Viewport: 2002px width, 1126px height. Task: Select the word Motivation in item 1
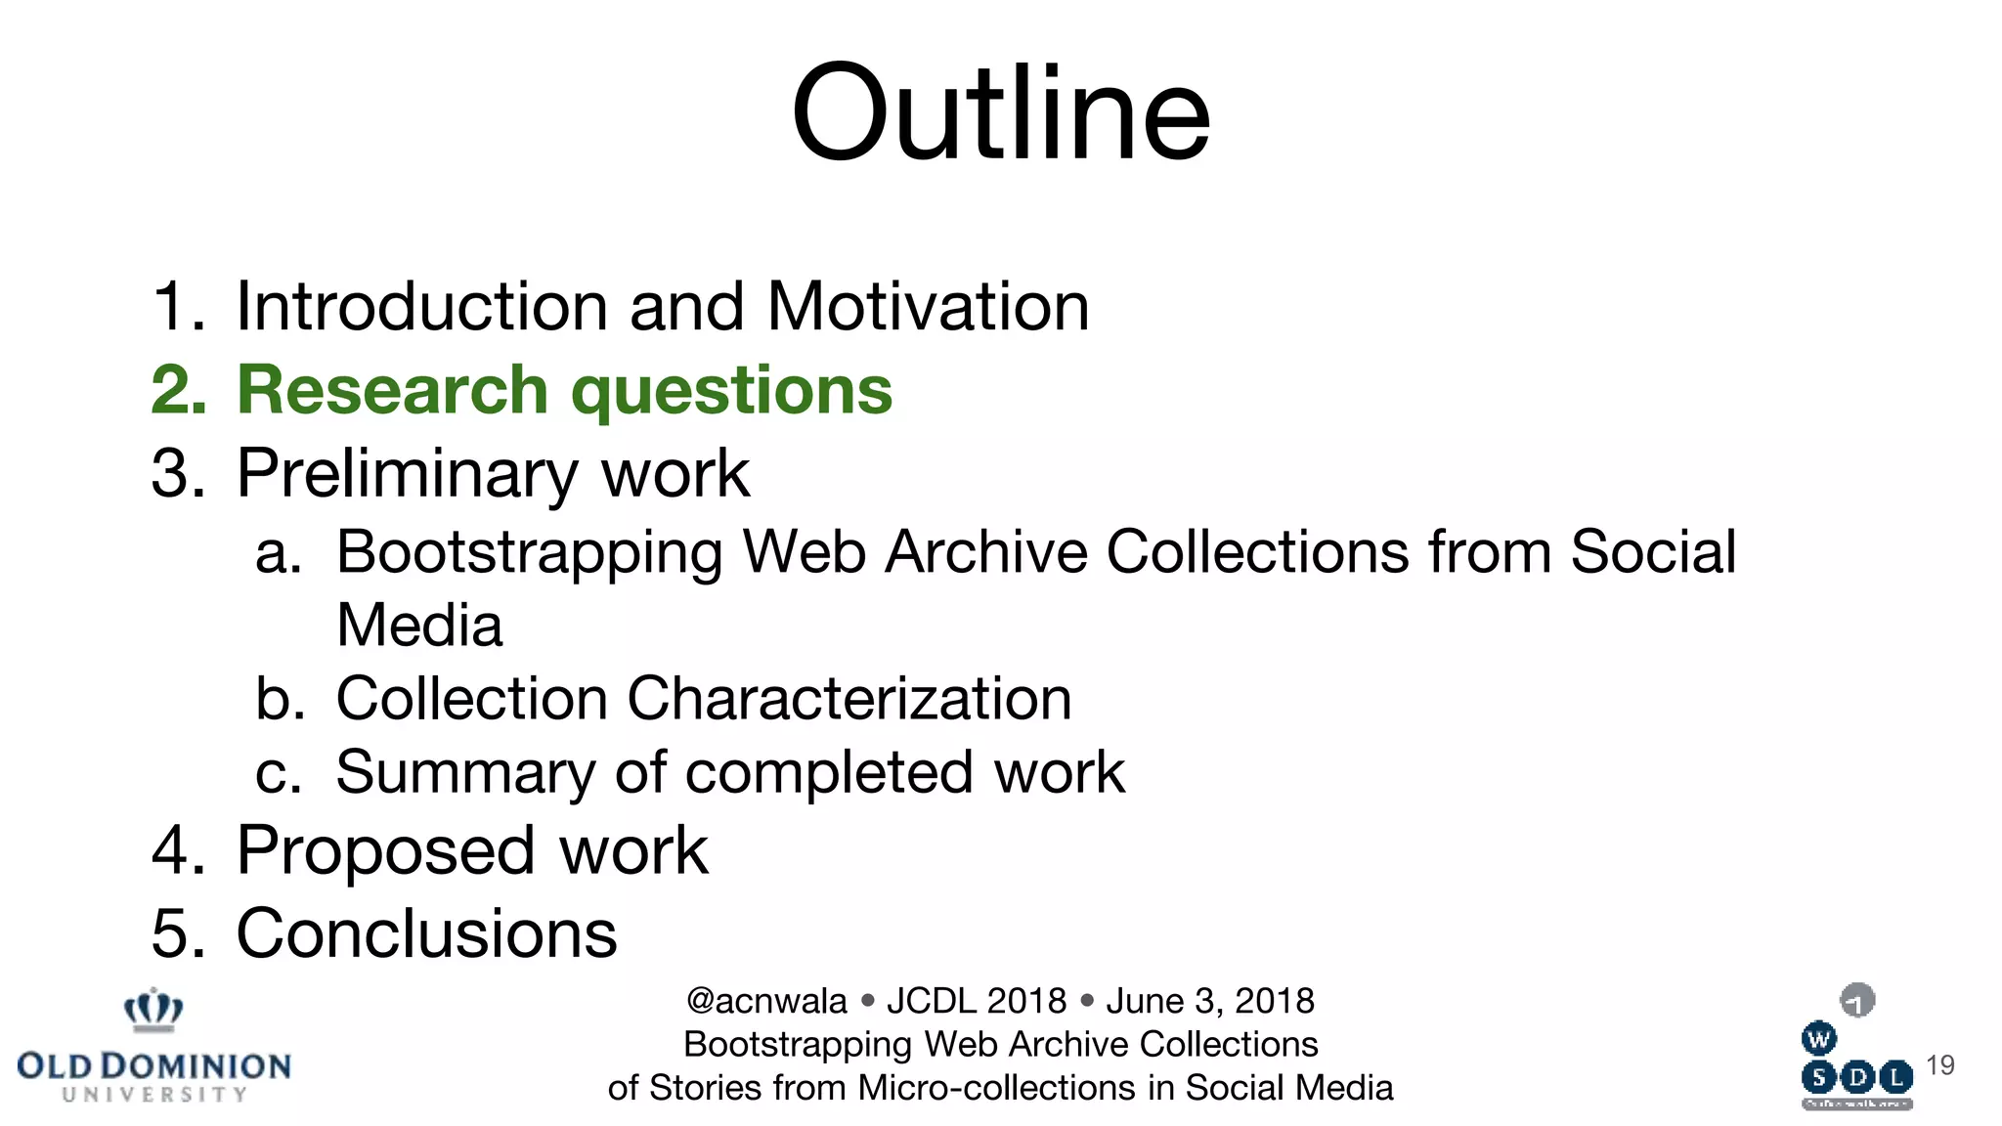pyautogui.click(x=928, y=307)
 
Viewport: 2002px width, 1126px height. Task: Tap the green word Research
pyautogui.click(x=392, y=390)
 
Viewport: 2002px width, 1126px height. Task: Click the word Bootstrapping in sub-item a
pyautogui.click(x=528, y=553)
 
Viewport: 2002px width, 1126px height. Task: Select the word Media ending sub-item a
pyautogui.click(x=419, y=626)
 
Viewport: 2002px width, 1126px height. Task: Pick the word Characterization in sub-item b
pyautogui.click(x=849, y=699)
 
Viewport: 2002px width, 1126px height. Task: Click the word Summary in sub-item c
pyautogui.click(x=464, y=773)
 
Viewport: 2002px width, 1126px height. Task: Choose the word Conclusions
pyautogui.click(x=426, y=933)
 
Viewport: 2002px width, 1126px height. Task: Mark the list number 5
pyautogui.click(x=176, y=933)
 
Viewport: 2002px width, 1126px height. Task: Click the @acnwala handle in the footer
pyautogui.click(x=766, y=1002)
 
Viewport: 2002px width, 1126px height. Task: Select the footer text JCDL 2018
pyautogui.click(x=976, y=1002)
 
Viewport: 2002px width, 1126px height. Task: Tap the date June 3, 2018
pyautogui.click(x=1210, y=1002)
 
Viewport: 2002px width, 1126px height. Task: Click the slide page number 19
pyautogui.click(x=1939, y=1065)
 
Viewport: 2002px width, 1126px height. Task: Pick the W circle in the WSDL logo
pyautogui.click(x=1818, y=1039)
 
